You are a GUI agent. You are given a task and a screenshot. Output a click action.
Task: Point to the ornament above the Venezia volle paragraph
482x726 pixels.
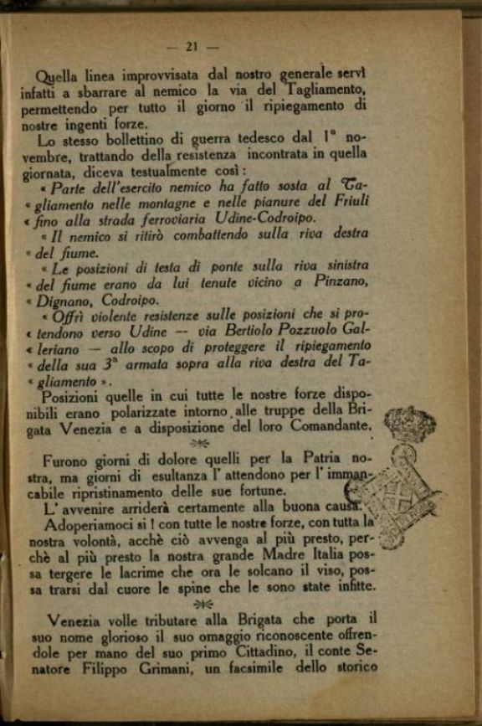click(x=202, y=603)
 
